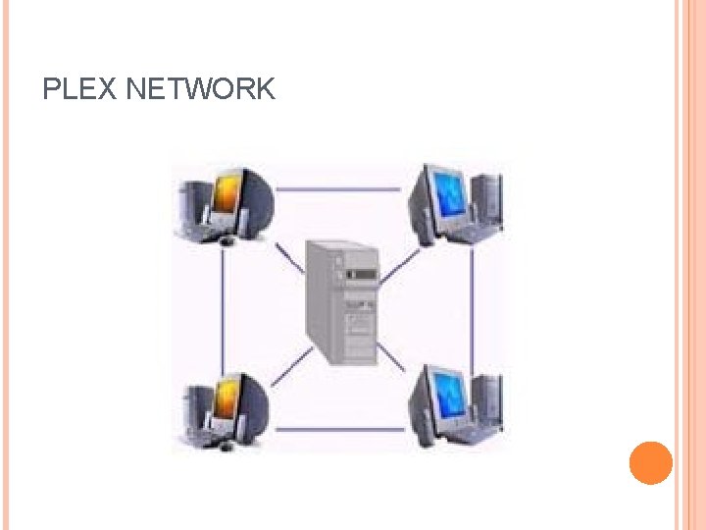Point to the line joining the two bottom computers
click(x=338, y=429)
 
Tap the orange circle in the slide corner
click(x=650, y=463)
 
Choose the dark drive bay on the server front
click(x=361, y=276)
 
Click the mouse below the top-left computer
click(x=227, y=240)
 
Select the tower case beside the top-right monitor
click(x=487, y=201)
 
